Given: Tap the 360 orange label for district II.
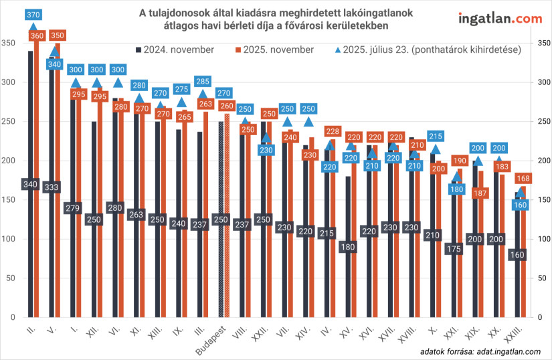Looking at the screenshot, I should coord(37,35).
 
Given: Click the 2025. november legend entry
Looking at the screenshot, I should coord(274,50).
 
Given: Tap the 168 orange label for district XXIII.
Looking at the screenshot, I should coord(524,178).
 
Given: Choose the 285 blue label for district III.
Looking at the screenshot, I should coord(202,82).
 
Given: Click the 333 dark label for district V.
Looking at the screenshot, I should coord(52,187).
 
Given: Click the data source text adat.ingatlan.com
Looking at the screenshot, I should coord(480,352).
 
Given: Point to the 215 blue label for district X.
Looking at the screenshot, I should coord(436,136).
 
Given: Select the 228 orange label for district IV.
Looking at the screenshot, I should coord(333,131).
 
